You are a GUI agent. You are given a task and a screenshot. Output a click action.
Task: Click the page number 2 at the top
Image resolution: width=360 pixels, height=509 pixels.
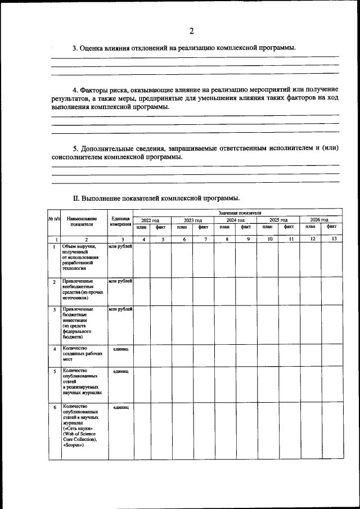191,30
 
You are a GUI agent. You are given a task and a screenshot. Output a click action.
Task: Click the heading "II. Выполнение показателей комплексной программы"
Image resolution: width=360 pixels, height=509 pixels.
157,199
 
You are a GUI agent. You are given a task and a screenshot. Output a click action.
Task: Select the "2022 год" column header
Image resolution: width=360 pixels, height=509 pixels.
150,220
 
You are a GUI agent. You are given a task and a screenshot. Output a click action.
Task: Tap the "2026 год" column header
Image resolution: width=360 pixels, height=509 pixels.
321,220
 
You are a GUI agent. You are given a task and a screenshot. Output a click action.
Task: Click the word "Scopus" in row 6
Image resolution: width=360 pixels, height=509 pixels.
74,445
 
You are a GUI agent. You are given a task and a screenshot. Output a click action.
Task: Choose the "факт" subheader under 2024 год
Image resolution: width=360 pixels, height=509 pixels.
246,227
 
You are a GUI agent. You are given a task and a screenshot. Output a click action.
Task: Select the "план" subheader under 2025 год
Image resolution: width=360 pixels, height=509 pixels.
267,227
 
